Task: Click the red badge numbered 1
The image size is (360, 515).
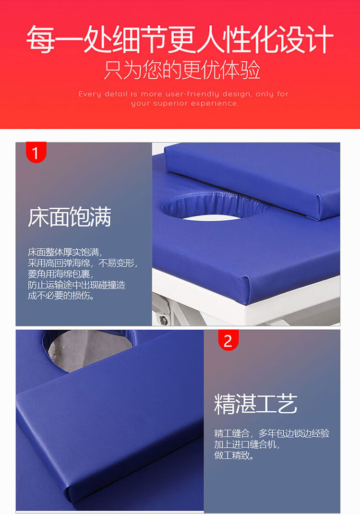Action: click(x=36, y=152)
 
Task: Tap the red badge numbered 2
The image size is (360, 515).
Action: click(x=228, y=340)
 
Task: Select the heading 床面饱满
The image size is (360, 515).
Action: click(x=70, y=217)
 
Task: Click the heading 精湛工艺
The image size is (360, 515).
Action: click(x=255, y=404)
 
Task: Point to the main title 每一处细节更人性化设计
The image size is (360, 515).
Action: click(x=180, y=39)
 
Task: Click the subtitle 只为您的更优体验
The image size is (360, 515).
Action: click(x=182, y=70)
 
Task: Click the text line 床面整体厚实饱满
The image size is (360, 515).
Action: click(x=65, y=252)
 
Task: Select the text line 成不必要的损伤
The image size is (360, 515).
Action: click(x=61, y=296)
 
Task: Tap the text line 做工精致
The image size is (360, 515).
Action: click(x=234, y=455)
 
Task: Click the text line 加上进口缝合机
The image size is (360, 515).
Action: click(x=247, y=444)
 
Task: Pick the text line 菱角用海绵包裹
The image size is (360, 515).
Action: click(x=61, y=274)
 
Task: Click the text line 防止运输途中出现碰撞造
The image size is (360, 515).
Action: click(x=76, y=285)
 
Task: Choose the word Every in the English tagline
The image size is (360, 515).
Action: click(x=89, y=94)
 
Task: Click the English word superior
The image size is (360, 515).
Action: click(x=171, y=104)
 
